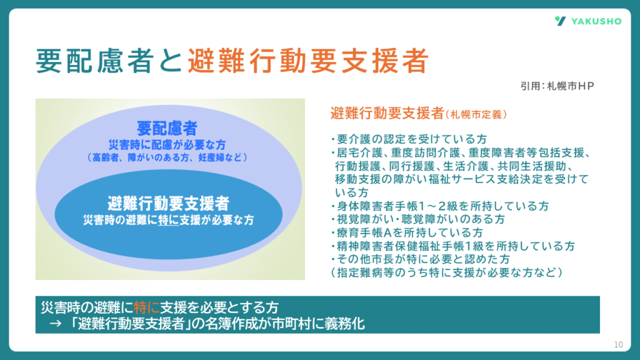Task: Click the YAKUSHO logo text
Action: (596, 21)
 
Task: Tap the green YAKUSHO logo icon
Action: (561, 21)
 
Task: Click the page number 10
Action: (618, 344)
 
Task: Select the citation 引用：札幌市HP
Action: (557, 86)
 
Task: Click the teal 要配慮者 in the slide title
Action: (95, 61)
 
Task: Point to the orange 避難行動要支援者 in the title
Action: (307, 61)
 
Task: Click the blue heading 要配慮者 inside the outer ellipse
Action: (167, 128)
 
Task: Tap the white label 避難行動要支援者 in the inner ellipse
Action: (168, 203)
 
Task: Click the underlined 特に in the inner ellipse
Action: (168, 221)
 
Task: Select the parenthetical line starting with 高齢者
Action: (167, 157)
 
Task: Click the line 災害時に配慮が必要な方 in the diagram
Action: (167, 145)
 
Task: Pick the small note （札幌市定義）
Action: (476, 115)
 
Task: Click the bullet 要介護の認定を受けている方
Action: (409, 139)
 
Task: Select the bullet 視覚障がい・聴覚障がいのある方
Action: (418, 219)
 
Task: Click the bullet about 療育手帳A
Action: (407, 233)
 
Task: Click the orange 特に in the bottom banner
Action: (146, 307)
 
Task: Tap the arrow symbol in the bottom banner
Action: (56, 324)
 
